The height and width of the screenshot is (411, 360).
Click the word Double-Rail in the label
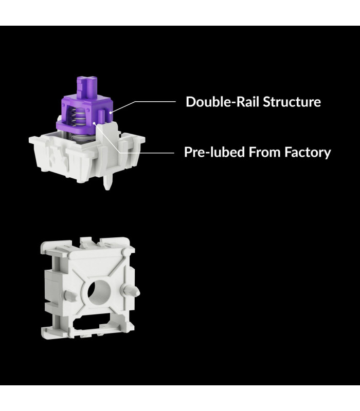pos(223,102)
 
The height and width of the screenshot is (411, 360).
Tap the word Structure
pos(292,102)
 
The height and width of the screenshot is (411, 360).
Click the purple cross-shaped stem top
pos(87,85)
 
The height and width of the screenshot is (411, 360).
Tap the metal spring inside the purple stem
pos(77,117)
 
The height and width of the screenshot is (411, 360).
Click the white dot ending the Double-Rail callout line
pos(111,113)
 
